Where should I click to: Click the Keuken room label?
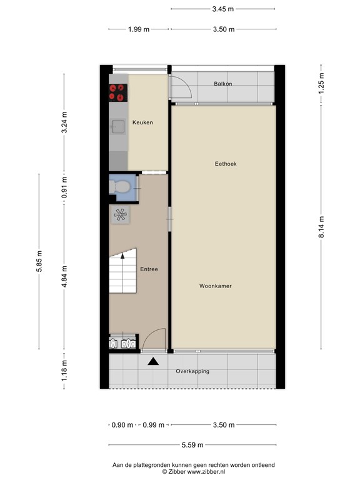(142, 122)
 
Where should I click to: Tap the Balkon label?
(223, 84)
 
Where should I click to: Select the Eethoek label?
(226, 164)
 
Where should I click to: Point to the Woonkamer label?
(216, 286)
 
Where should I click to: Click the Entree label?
(149, 269)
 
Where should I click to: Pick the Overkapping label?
(192, 371)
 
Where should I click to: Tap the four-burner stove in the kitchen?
(117, 92)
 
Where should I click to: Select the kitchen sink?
(117, 127)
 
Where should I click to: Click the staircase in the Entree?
(123, 271)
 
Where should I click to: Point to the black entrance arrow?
(152, 361)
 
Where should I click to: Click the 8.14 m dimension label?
(321, 226)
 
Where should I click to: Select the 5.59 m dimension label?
(191, 445)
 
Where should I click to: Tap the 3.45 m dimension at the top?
(223, 9)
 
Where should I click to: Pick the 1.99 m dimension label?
(139, 29)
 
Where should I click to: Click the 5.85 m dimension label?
(40, 261)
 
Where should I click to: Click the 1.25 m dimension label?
(321, 83)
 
